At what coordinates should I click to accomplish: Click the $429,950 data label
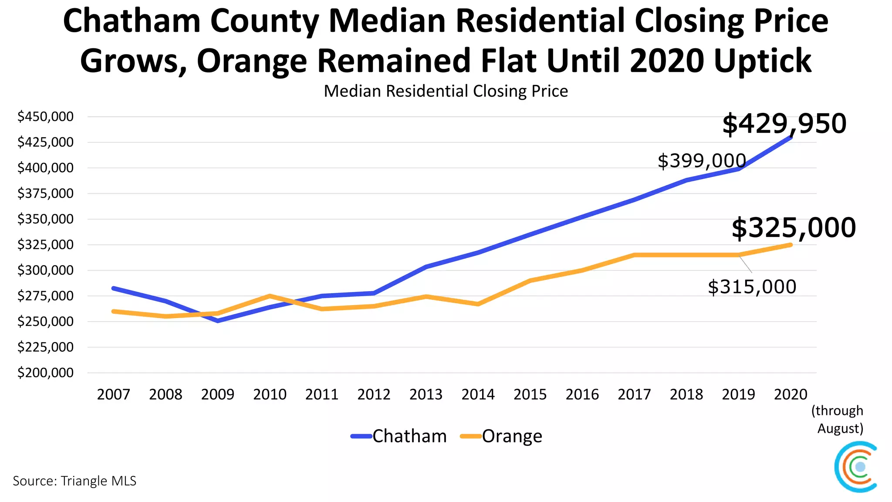(x=784, y=124)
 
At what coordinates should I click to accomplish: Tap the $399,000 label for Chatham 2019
(x=702, y=161)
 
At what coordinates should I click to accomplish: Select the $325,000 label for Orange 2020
(x=794, y=227)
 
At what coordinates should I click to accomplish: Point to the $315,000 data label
(x=752, y=287)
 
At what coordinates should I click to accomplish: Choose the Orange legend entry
(x=501, y=436)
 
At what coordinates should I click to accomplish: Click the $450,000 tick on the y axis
(x=45, y=117)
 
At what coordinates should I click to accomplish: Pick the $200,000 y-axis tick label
(x=45, y=373)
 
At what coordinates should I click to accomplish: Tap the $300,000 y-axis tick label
(x=45, y=270)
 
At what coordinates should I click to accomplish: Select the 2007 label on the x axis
(x=113, y=394)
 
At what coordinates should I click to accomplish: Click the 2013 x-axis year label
(x=426, y=394)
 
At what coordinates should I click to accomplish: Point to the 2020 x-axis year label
(x=790, y=394)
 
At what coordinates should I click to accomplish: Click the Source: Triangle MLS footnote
(x=74, y=481)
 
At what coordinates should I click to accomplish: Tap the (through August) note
(x=837, y=419)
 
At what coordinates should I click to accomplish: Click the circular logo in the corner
(x=856, y=467)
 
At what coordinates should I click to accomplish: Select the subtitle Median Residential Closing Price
(x=446, y=92)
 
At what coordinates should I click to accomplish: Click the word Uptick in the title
(x=762, y=61)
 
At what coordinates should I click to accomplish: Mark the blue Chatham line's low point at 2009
(x=218, y=321)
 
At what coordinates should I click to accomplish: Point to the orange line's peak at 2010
(x=270, y=296)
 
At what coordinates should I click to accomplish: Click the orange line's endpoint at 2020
(x=790, y=245)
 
